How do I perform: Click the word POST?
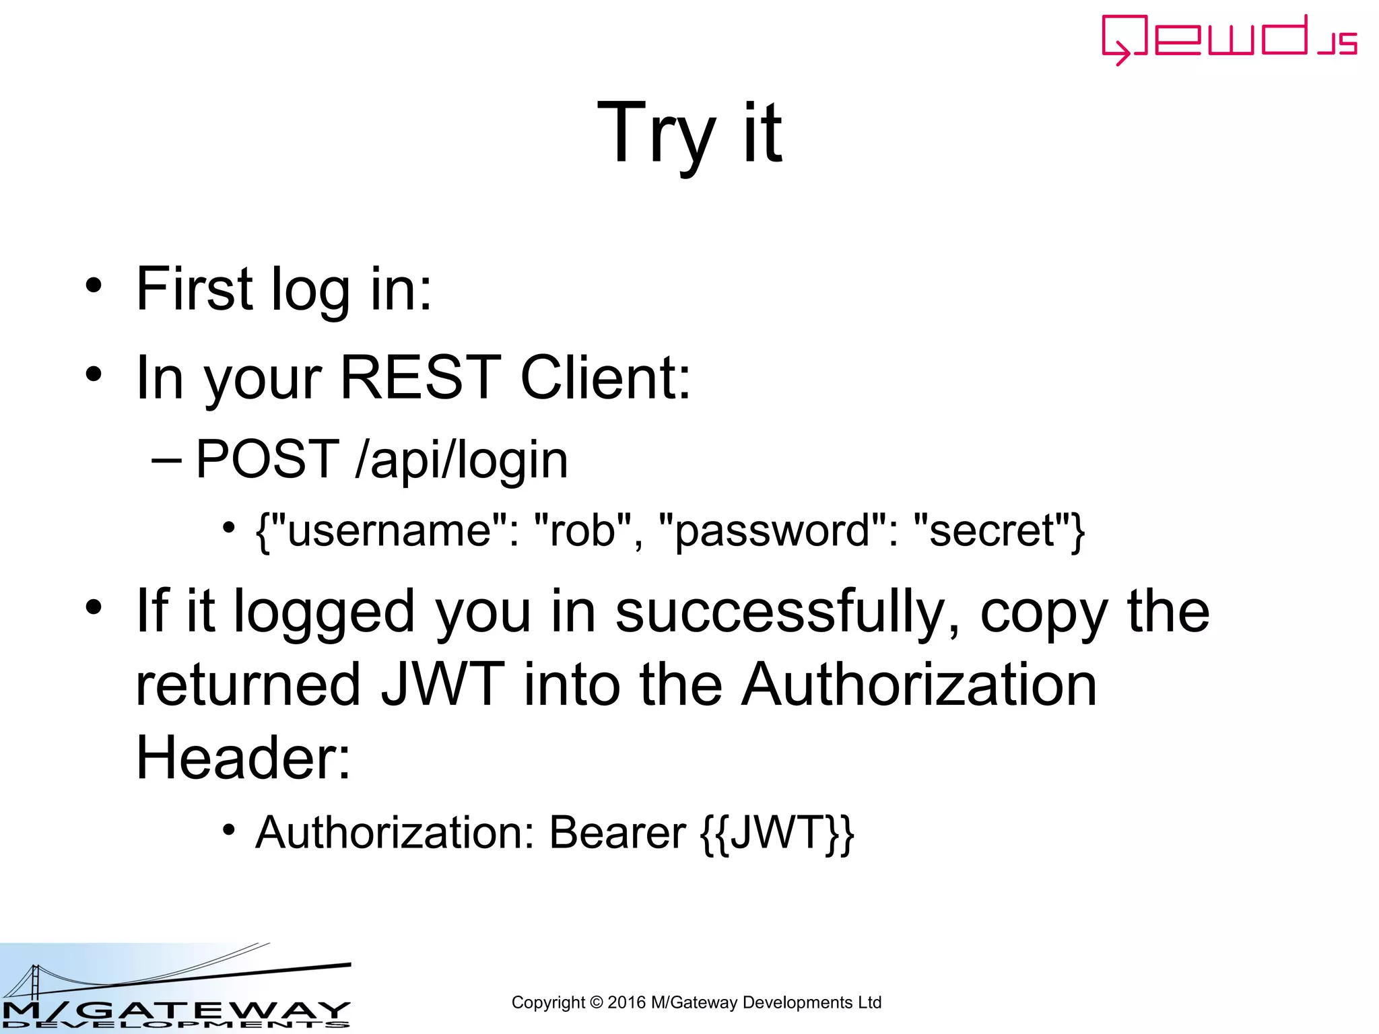(x=267, y=460)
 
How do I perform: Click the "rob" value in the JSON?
(x=583, y=530)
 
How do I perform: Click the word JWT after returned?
(x=442, y=685)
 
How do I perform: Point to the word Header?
(x=243, y=758)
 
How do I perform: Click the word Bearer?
(x=617, y=833)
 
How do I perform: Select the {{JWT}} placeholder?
(x=777, y=834)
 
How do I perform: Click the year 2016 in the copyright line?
(x=626, y=1002)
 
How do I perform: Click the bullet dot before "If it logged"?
(x=94, y=607)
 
